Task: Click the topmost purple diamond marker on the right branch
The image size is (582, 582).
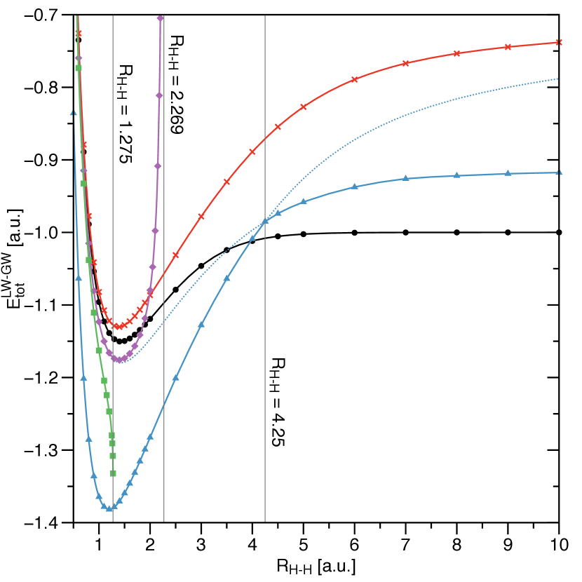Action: pos(161,18)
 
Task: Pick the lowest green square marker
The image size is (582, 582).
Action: pos(113,473)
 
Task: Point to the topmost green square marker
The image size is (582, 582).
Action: pos(79,68)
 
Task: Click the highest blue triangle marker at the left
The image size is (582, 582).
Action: pos(73,112)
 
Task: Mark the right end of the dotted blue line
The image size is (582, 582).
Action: pos(558,79)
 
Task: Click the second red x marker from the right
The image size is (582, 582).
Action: pos(507,47)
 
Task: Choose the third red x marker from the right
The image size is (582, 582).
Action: pos(456,53)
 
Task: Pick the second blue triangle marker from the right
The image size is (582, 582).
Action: pos(507,172)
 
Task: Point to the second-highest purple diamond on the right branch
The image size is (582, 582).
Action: pos(159,95)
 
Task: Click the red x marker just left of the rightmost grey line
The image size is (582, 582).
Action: pos(252,151)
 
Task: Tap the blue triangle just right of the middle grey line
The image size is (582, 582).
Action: pos(175,377)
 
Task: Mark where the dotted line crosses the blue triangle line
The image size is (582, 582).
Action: pos(265,222)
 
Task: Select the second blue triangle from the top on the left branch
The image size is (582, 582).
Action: pos(79,278)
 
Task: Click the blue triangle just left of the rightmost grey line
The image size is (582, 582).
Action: pos(252,238)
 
